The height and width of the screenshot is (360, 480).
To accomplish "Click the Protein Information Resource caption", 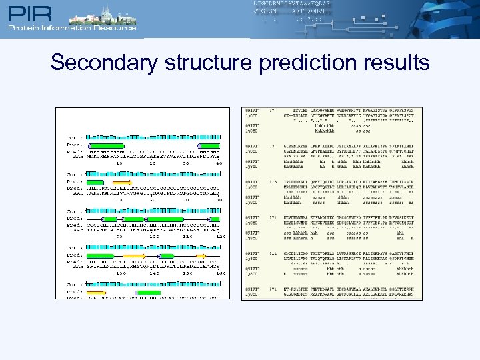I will click(x=72, y=28).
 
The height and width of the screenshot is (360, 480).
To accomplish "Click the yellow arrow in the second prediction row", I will click(x=123, y=181).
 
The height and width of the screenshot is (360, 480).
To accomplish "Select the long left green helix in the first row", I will click(x=106, y=145).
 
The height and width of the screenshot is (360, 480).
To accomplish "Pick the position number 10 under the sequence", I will click(x=119, y=163).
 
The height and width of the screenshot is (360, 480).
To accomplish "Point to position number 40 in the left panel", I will click(x=219, y=163).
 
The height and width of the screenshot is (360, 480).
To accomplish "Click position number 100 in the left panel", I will click(x=153, y=236).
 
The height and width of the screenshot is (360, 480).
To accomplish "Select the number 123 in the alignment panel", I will click(x=272, y=181).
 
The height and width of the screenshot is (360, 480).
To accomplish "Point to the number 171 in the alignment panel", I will click(x=272, y=217).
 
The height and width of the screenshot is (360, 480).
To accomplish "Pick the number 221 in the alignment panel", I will click(x=272, y=253).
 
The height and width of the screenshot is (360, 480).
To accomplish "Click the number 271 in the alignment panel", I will click(x=272, y=289).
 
